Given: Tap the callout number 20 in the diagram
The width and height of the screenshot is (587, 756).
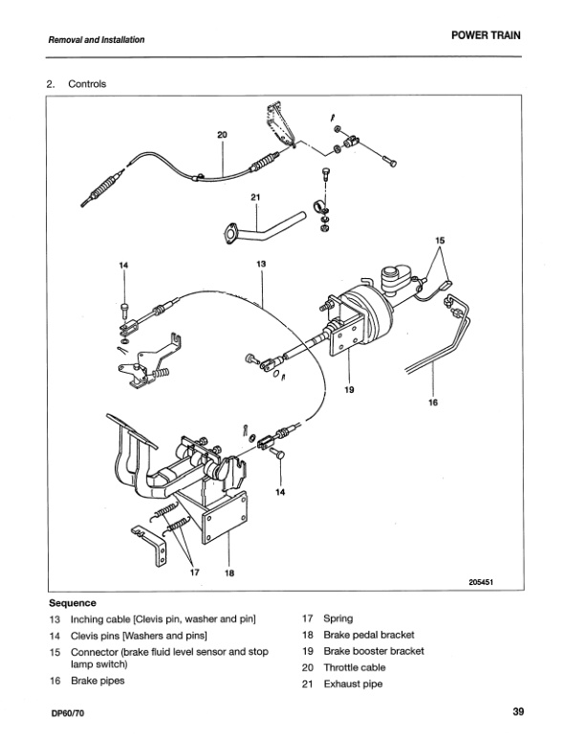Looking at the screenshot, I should coord(222,135).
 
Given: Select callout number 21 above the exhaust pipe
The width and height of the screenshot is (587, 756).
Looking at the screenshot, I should coord(255,198).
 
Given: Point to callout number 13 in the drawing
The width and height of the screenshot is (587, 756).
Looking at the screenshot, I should coord(260,262).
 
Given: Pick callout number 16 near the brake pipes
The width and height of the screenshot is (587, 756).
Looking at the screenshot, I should coord(432,403).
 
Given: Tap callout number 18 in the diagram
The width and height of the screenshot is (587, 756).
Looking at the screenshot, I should coord(228,572).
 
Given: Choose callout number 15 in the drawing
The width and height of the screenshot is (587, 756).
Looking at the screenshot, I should coord(440,241).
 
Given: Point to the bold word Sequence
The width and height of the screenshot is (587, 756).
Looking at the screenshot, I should coord(73,603).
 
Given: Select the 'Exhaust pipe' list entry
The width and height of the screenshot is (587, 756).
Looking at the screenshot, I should coord(353,684).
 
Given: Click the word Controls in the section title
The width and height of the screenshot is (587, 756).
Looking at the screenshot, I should coord(88,85).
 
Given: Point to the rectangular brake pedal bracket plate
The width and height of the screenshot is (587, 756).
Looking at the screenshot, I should coord(227,527).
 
